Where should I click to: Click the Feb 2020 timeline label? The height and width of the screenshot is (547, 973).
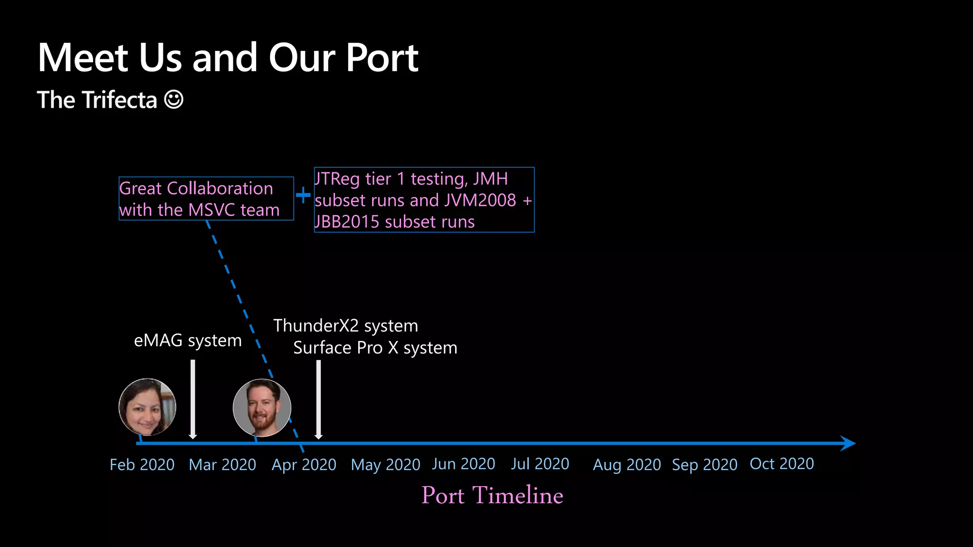point(142,464)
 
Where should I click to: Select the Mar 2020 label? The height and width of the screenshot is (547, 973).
point(222,464)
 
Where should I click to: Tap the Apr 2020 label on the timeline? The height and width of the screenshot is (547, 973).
point(304,464)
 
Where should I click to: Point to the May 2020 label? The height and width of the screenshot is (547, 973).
point(385,464)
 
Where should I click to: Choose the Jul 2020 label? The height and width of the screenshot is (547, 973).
point(540,463)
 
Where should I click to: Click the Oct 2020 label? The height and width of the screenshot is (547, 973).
point(782,463)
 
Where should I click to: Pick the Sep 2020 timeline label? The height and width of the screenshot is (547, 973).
point(705,464)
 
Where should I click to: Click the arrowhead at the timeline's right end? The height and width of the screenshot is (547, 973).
point(848,443)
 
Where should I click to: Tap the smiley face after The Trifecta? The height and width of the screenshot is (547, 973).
point(174,100)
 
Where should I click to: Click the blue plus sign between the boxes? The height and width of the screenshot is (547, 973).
point(303,195)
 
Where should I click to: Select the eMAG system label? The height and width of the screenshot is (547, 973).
point(188,340)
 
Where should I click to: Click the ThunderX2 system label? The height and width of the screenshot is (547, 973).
point(345,326)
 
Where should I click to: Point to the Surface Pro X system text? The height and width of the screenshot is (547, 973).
point(375,348)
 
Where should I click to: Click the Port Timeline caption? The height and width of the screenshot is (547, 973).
point(492,495)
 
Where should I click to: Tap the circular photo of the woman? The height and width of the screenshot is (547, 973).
point(147,407)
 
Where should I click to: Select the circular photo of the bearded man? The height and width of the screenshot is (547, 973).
point(262,407)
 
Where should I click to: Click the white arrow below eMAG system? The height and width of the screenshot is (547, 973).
point(193,399)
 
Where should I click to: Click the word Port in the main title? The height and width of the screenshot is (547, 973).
point(382,57)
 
